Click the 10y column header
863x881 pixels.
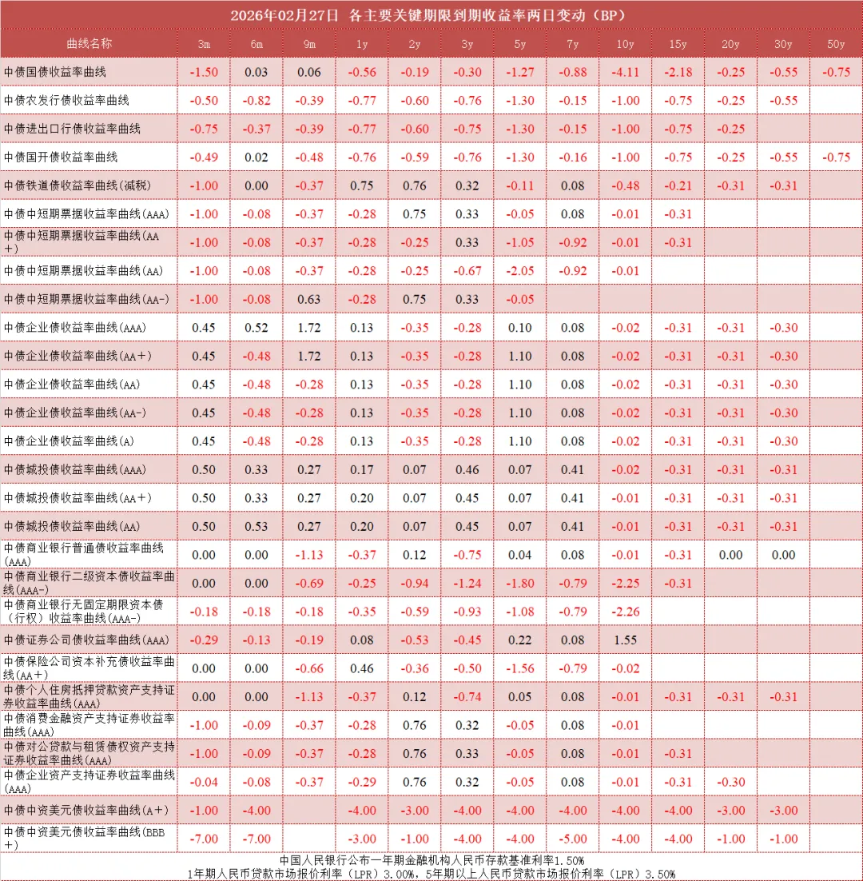(626, 44)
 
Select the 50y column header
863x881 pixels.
(836, 44)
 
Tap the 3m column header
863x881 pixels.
(204, 44)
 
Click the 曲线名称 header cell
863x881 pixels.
(89, 44)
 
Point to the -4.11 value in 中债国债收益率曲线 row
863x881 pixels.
(626, 72)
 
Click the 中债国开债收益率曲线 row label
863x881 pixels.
(61, 157)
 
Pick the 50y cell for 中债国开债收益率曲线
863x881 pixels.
(836, 157)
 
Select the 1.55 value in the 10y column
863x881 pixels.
(626, 640)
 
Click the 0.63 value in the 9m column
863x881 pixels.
(309, 299)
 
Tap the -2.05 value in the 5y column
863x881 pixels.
(520, 271)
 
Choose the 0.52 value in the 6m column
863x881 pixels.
(257, 328)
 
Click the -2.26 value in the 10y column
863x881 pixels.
(626, 612)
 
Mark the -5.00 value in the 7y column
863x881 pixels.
(573, 839)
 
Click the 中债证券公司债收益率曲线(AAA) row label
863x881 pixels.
(86, 640)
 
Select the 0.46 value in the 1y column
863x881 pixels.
(362, 669)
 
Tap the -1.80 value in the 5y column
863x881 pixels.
(520, 584)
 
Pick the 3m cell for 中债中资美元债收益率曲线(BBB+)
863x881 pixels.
(204, 839)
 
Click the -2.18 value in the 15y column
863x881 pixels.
(679, 72)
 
